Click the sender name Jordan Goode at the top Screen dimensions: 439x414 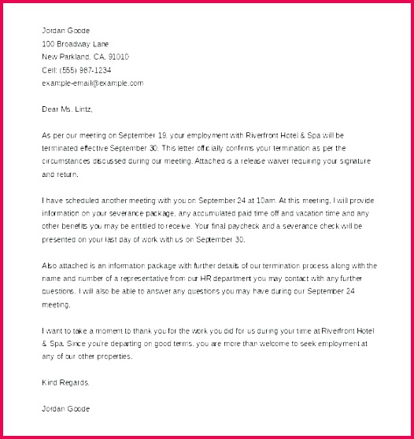(x=66, y=31)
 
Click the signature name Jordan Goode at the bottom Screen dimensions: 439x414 (x=66, y=408)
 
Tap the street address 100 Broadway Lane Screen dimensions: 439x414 (x=76, y=44)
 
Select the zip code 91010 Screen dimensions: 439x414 (x=119, y=57)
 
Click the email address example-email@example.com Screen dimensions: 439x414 (x=93, y=82)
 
